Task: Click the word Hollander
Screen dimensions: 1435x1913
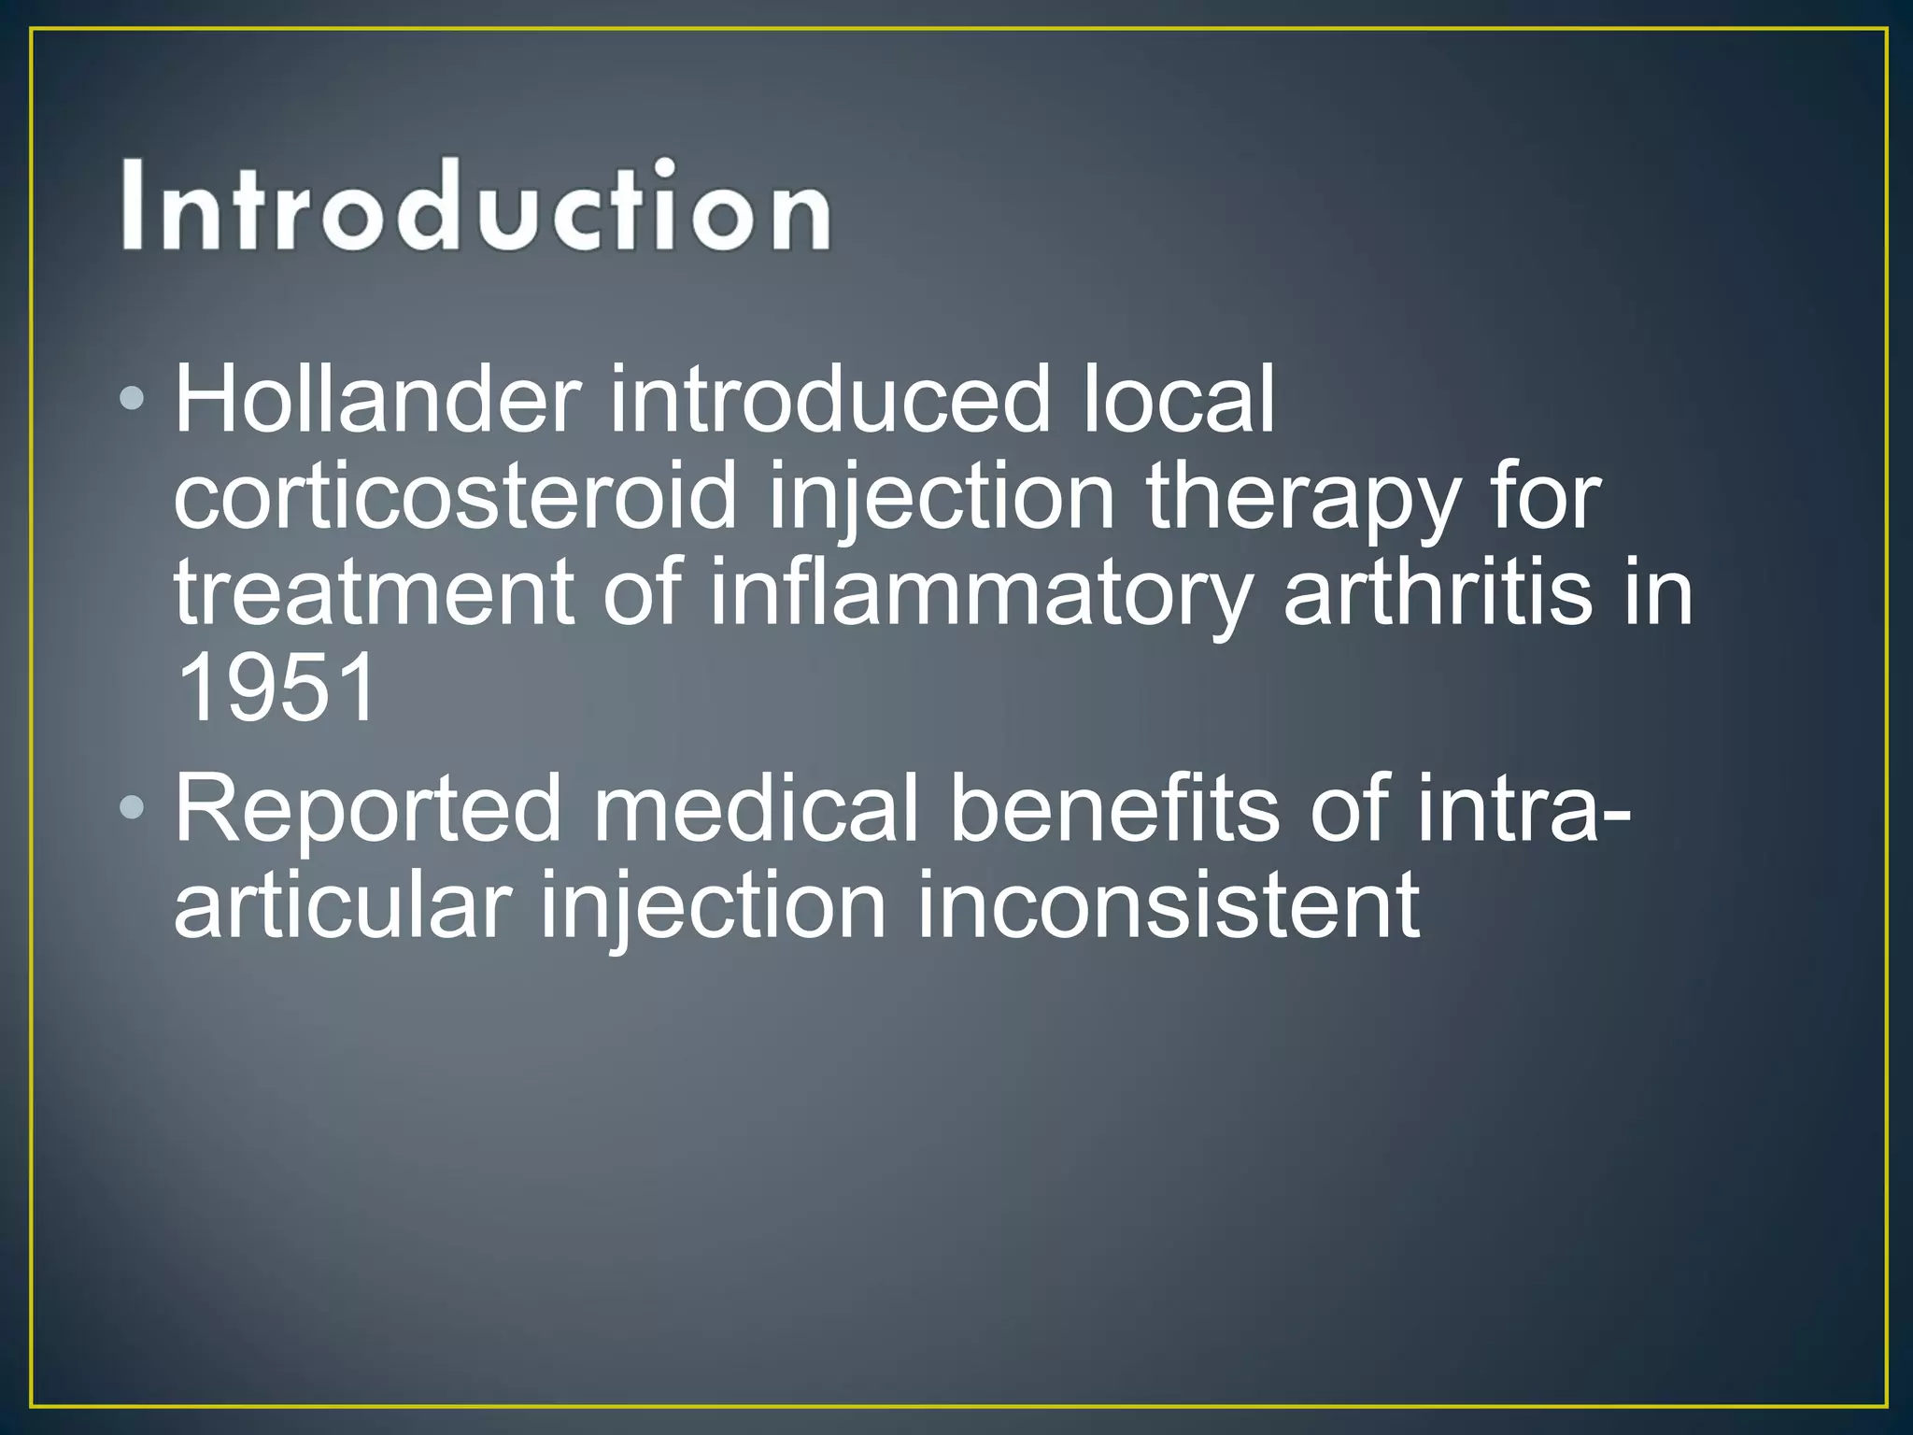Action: [376, 400]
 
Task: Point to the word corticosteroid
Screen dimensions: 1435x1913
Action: [455, 497]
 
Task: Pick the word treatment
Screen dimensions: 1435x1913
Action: [374, 594]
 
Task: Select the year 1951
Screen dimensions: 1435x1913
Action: [276, 689]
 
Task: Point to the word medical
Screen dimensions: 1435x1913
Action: [755, 809]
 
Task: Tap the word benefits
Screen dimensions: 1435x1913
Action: [1113, 809]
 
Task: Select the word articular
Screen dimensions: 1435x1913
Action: [343, 904]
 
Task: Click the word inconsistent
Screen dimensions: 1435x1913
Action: [1168, 904]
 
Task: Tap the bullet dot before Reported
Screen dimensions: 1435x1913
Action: [133, 807]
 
